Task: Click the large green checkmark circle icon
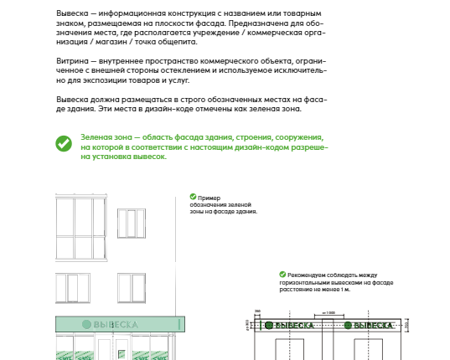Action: (64, 144)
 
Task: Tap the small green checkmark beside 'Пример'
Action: (193, 197)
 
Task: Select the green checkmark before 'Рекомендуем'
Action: (282, 275)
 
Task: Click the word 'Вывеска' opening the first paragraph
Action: (72, 13)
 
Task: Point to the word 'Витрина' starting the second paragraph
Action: (72, 61)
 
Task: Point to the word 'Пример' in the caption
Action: (209, 198)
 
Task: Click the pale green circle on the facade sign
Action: (86, 325)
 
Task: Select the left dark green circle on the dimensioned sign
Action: (269, 326)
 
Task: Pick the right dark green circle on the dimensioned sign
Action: (348, 326)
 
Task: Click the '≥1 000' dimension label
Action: (328, 313)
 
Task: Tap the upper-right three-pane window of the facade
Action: (132, 224)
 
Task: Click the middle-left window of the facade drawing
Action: (73, 288)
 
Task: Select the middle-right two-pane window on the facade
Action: (132, 288)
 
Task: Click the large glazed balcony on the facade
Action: (81, 228)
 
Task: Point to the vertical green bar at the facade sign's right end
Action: (179, 325)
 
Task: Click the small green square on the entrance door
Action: (122, 354)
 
